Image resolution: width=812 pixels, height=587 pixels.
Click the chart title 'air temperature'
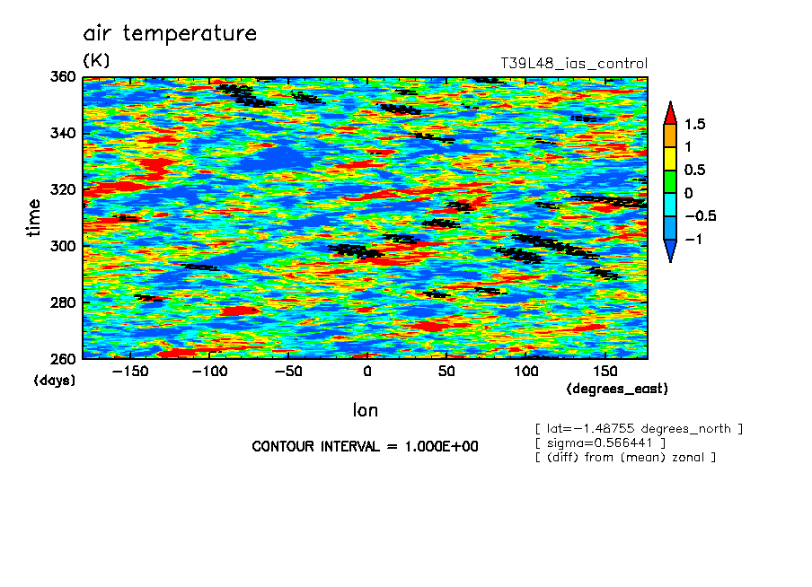click(x=170, y=34)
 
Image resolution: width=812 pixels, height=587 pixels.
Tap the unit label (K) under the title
click(x=95, y=61)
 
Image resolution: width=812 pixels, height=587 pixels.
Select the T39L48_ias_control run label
click(x=573, y=64)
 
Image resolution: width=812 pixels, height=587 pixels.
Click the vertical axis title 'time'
click(x=34, y=217)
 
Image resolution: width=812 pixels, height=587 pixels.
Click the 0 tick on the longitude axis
click(x=366, y=372)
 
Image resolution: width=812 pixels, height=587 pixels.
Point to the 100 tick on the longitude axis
click(x=525, y=372)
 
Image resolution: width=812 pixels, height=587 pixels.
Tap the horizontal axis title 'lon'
click(x=366, y=411)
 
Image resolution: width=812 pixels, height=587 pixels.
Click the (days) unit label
click(x=54, y=381)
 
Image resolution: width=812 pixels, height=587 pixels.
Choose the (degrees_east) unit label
click(x=617, y=389)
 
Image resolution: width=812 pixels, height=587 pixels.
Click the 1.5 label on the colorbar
click(x=694, y=124)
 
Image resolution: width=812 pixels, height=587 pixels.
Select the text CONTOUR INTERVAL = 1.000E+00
click(x=365, y=446)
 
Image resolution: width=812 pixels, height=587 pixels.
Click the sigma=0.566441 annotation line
click(x=599, y=442)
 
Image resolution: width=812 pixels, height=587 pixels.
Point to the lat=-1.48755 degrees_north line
click(x=639, y=428)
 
